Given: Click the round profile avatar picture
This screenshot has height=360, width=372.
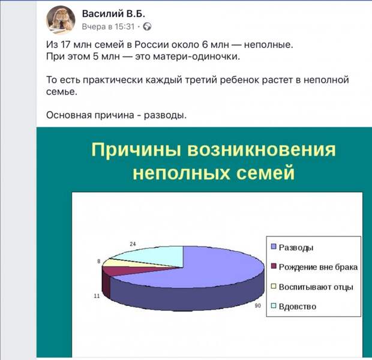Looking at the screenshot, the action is click(61, 20).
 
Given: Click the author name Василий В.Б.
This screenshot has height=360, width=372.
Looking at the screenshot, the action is click(113, 14).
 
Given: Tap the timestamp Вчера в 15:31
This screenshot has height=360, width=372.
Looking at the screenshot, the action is click(108, 26).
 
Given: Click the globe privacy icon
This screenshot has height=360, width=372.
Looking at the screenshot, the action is click(147, 26).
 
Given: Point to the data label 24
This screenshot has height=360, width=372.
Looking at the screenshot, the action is click(133, 244).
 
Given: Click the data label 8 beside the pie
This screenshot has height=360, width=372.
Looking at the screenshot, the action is click(99, 261).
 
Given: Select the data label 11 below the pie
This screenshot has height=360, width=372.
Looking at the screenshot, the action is click(97, 296).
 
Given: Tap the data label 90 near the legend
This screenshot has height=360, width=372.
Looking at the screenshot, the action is click(257, 305).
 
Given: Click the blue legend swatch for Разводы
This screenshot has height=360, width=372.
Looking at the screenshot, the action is click(274, 247).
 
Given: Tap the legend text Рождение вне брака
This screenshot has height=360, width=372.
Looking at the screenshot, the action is click(318, 267).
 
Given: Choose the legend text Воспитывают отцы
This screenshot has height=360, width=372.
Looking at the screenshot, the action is click(316, 287).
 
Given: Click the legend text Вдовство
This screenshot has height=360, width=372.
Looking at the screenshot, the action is click(298, 307).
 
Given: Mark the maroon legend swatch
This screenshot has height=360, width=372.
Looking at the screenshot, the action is click(274, 266).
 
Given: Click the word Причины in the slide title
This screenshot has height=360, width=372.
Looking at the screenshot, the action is click(136, 150).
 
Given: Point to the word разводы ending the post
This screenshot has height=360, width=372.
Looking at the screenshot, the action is click(166, 115).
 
